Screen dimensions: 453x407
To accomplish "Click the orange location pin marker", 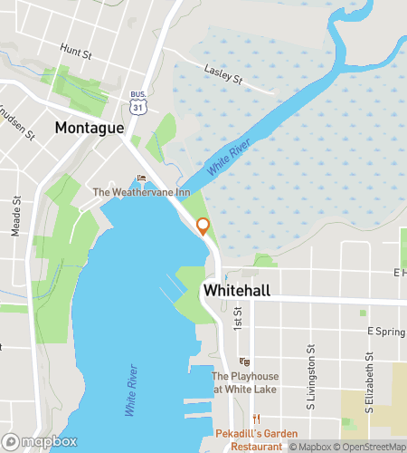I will click(203, 226).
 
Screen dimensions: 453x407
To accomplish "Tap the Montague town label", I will click(89, 128).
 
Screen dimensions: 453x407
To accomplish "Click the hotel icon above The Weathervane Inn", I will click(140, 178).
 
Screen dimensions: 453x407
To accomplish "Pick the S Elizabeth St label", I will click(369, 389).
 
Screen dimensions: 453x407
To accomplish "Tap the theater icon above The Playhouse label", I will click(244, 361).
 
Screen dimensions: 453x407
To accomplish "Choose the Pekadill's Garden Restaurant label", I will click(251, 439).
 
